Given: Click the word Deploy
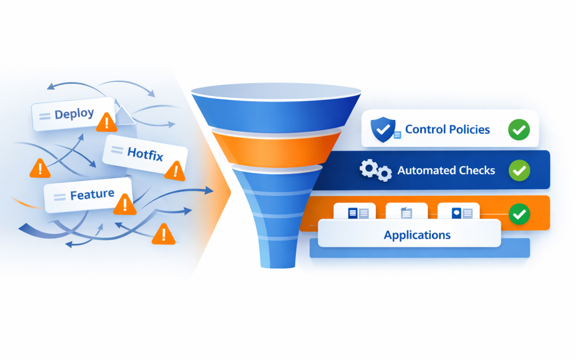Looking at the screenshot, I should pos(74,114).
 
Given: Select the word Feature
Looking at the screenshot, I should pos(92,195).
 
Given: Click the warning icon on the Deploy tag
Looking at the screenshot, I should pos(107,123).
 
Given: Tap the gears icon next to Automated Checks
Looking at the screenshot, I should pos(375,171).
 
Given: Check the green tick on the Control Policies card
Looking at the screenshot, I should pos(518,129).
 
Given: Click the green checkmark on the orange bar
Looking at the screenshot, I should pos(518,214).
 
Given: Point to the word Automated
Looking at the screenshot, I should pos(423,171).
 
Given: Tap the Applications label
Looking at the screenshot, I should pos(417,235).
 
